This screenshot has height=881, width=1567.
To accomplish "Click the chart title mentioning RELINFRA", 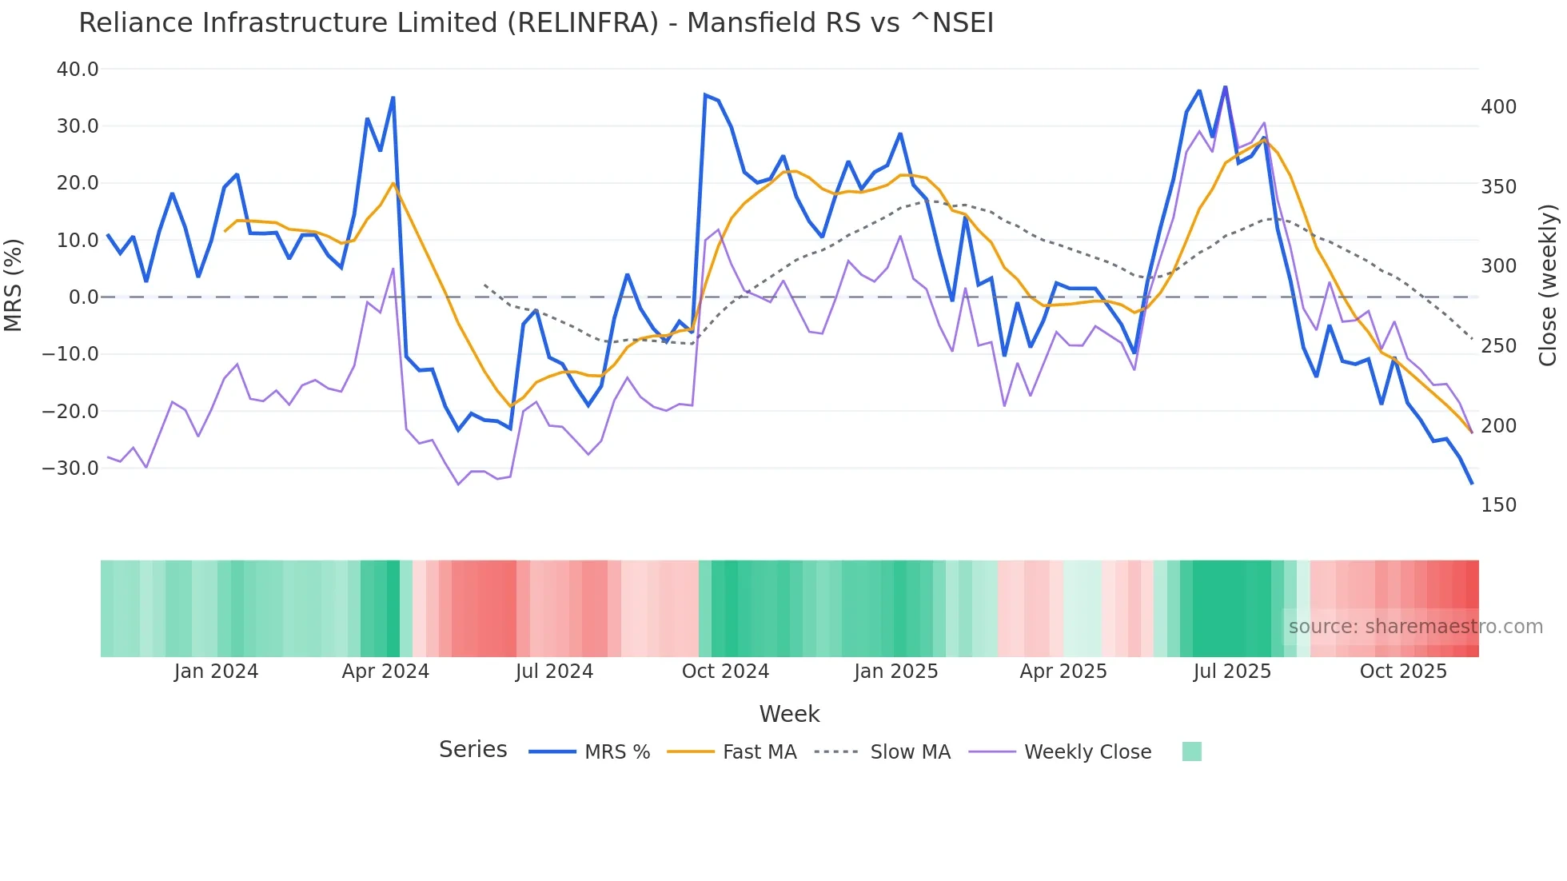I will point(536,23).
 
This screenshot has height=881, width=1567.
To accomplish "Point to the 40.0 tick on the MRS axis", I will point(78,70).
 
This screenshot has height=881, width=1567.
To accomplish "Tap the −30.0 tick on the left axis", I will point(70,468).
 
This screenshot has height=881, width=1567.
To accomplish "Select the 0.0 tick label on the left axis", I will point(83,297).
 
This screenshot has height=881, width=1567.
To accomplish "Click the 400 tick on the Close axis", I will point(1498,107).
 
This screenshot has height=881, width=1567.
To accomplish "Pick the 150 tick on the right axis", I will point(1498,505).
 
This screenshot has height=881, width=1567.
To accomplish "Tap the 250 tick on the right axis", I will point(1498,346).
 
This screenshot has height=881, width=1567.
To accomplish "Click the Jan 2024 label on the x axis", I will point(216,672).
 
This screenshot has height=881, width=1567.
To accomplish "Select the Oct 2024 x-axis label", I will point(725,672).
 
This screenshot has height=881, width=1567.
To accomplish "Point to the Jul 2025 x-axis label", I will point(1232,672).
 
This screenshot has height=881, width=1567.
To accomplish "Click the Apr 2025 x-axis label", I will point(1063,672).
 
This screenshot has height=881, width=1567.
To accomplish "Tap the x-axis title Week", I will point(789,714).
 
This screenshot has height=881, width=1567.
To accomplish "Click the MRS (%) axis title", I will point(14,285).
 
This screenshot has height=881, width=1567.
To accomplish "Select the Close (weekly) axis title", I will point(1548,285).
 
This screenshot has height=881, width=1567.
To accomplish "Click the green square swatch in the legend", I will point(1191,751).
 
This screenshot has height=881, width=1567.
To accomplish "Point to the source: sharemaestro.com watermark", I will point(1415,627).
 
